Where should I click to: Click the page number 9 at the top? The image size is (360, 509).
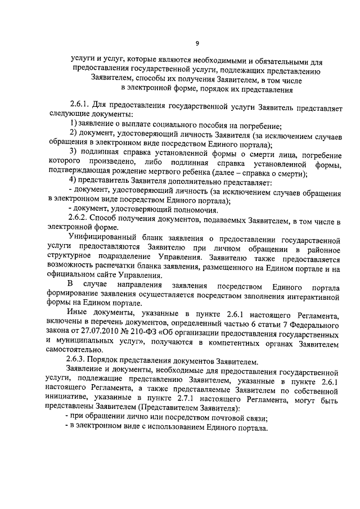pos(197,43)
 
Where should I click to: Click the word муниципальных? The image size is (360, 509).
pos(89,341)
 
